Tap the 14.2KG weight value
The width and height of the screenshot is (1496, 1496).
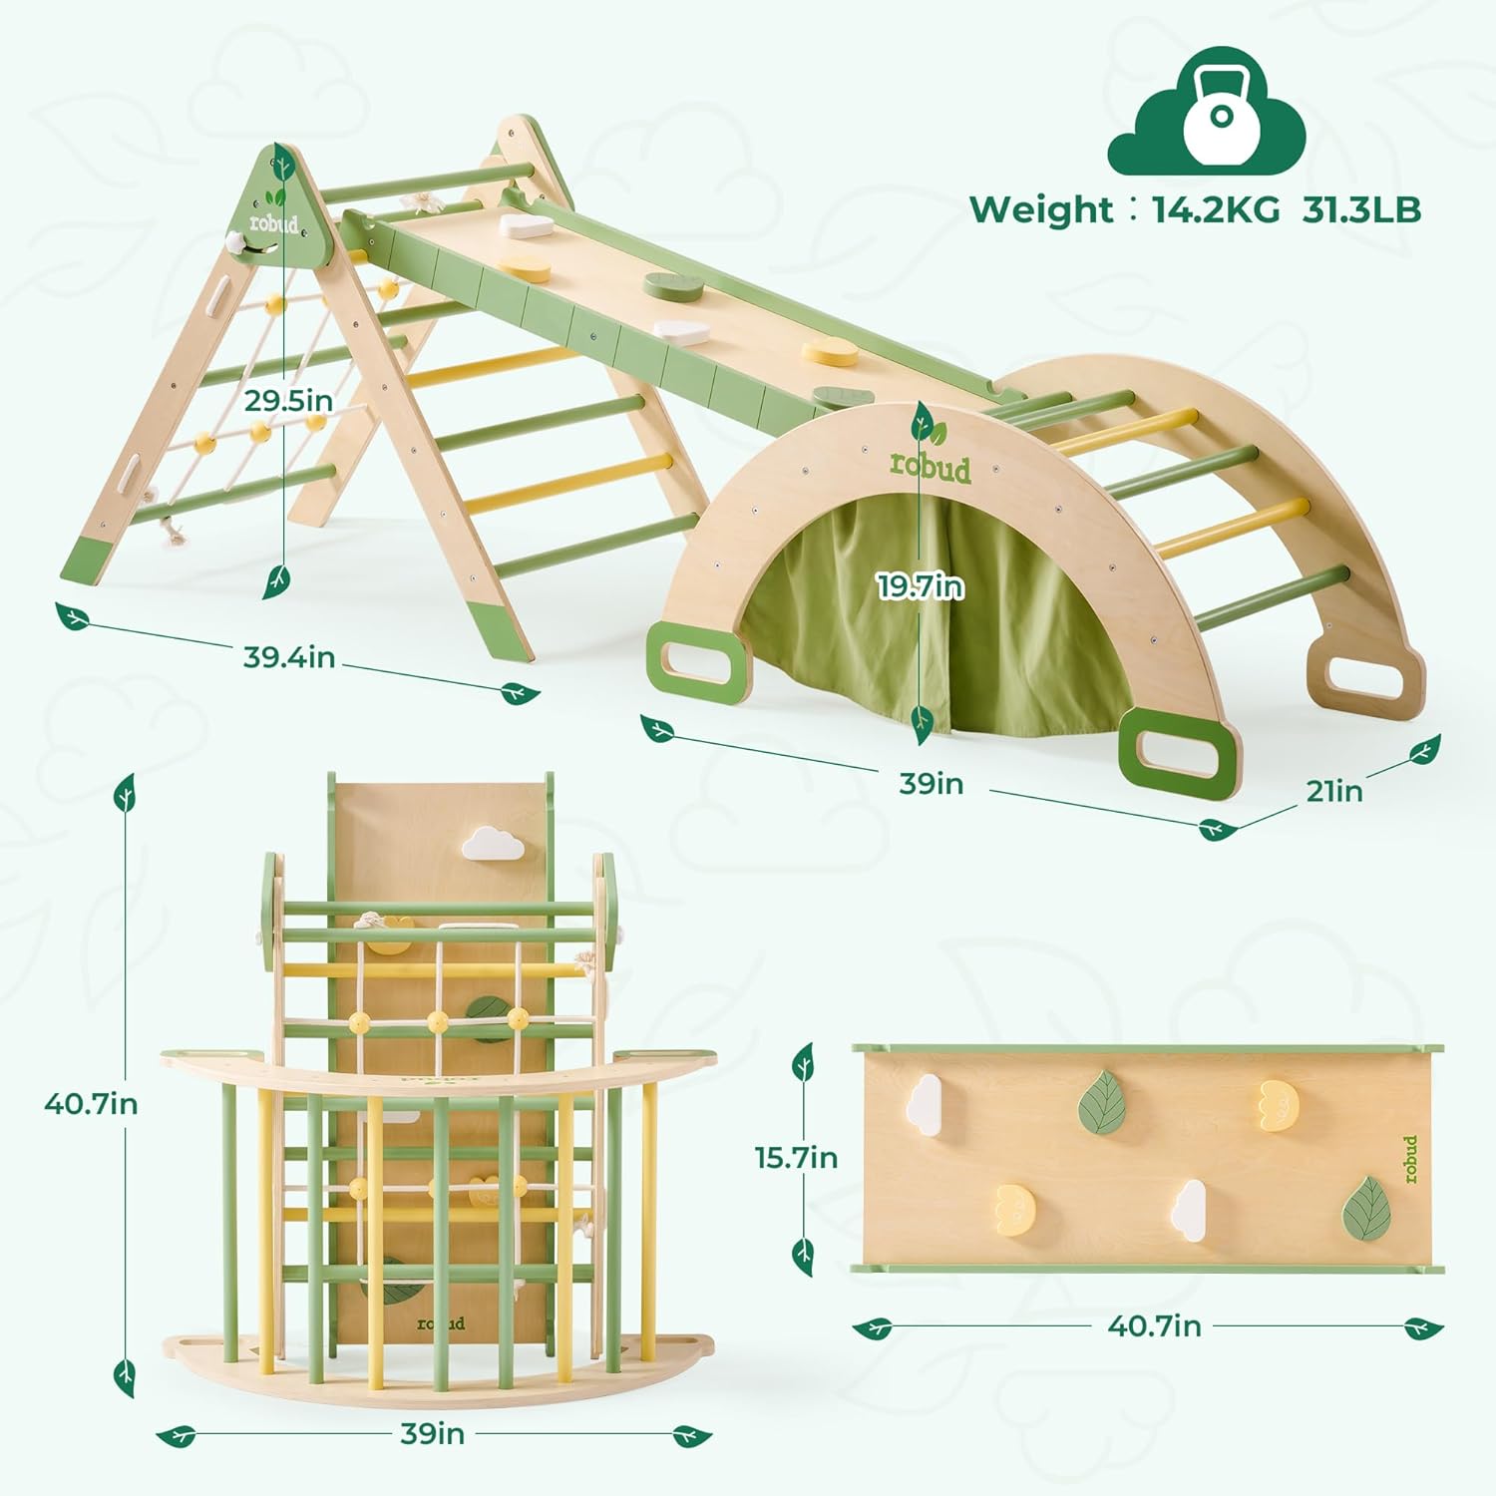[x=1216, y=209]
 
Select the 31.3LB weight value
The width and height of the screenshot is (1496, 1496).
[x=1361, y=209]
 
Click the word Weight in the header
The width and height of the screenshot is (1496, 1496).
[x=1040, y=209]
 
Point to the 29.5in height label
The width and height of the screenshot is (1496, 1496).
[x=289, y=401]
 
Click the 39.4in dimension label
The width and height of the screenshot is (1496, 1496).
[x=289, y=657]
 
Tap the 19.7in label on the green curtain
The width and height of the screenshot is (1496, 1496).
[x=921, y=586]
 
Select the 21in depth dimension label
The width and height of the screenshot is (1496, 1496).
[x=1334, y=791]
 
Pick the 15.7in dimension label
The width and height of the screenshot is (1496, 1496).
[x=796, y=1158]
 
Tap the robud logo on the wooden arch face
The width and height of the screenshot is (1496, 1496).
[x=930, y=467]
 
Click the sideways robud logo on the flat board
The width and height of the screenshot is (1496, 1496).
[x=1409, y=1159]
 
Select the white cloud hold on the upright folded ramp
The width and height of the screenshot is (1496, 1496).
[x=493, y=844]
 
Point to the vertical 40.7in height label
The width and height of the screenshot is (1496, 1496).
[x=91, y=1104]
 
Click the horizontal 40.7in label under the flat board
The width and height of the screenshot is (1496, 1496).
[x=1154, y=1326]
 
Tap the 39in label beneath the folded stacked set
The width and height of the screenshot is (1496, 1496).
[x=432, y=1434]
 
